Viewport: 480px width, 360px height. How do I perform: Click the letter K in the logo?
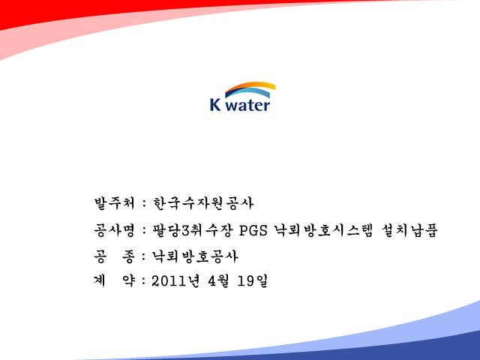click(215, 104)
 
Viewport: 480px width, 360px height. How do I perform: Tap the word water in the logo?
click(249, 105)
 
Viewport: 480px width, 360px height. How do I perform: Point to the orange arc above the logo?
click(250, 86)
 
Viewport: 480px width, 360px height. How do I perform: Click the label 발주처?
click(114, 203)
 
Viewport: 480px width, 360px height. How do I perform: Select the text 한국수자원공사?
click(203, 203)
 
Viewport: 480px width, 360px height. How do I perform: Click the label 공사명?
click(114, 230)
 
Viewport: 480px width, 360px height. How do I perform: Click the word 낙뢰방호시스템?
click(323, 230)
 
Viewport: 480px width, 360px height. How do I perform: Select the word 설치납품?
click(409, 230)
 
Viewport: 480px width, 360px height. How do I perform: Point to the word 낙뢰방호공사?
click(195, 256)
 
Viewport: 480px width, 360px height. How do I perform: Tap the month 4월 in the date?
click(218, 280)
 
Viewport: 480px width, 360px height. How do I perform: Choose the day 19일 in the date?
click(253, 280)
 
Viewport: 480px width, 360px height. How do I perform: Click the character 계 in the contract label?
click(100, 280)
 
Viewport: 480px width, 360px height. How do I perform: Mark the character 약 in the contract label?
click(128, 280)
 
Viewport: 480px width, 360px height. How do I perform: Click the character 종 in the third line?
click(128, 256)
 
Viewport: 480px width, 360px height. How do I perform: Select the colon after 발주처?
click(144, 204)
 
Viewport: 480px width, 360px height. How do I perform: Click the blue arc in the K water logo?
click(248, 92)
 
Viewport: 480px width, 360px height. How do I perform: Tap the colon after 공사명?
click(144, 231)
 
